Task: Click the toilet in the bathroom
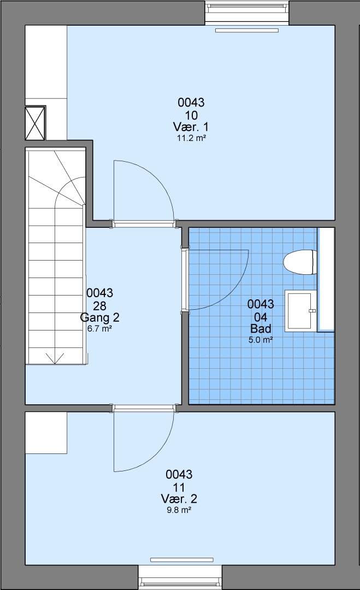[x=299, y=262]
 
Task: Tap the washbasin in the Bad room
[x=300, y=311]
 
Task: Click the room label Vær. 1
[x=191, y=127]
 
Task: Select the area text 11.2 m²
[x=191, y=138]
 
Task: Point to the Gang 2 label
[x=99, y=317]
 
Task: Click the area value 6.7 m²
[x=99, y=328]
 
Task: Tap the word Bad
[x=261, y=329]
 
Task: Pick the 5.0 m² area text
[x=261, y=340]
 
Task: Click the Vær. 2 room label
[x=179, y=499]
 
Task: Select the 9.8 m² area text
[x=179, y=510]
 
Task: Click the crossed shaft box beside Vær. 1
[x=35, y=123]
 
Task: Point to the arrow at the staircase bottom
[x=55, y=358]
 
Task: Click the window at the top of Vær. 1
[x=247, y=13]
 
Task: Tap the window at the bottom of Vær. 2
[x=180, y=577]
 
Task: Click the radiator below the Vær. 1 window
[x=247, y=30]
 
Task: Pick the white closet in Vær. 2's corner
[x=46, y=433]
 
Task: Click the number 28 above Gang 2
[x=99, y=305]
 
